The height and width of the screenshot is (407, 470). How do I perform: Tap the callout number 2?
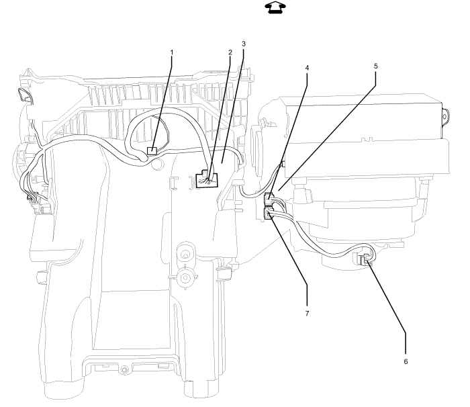[x=230, y=52]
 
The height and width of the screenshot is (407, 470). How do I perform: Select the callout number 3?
[x=244, y=44]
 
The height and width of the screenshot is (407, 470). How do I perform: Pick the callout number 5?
[x=375, y=66]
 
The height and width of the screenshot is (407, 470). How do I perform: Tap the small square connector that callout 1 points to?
[x=152, y=150]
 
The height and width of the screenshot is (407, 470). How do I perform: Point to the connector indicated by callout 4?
[x=269, y=198]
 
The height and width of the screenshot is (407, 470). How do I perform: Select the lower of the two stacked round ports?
[x=185, y=277]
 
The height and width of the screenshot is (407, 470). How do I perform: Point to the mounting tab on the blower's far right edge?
[x=444, y=115]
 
